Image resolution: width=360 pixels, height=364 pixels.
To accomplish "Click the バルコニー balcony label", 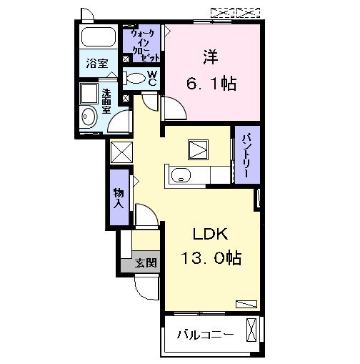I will (x=204, y=333).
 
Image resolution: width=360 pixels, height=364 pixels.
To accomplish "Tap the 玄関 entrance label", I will (x=146, y=262).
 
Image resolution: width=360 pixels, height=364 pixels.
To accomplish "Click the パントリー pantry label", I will (x=245, y=154).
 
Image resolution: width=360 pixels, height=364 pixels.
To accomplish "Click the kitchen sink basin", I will (x=181, y=174).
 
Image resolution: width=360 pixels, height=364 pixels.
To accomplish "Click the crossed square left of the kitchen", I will (x=121, y=152).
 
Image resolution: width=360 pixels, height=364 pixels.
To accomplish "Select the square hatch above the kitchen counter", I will (x=196, y=147).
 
